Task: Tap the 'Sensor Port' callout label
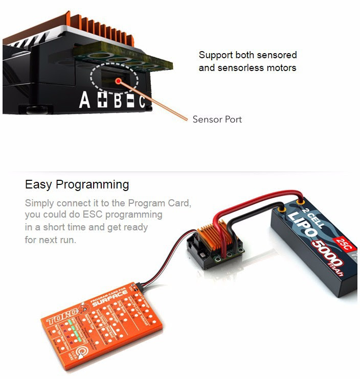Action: click(x=217, y=120)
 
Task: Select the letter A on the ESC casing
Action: click(x=85, y=100)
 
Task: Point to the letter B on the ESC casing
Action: click(x=118, y=101)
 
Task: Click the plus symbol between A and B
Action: click(x=102, y=100)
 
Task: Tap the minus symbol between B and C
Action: click(x=130, y=102)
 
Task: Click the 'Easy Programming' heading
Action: click(x=77, y=184)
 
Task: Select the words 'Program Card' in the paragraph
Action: click(x=160, y=203)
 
